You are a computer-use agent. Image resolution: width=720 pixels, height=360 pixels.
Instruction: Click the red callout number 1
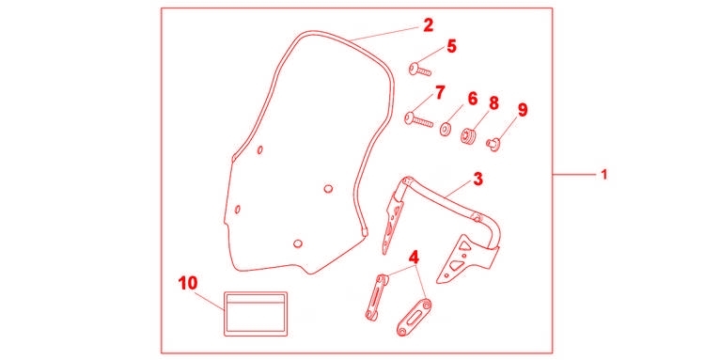tap(604, 175)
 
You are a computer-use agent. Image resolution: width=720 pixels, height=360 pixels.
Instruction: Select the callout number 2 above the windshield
tap(428, 25)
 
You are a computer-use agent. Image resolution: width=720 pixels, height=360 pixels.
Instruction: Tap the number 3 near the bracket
tap(478, 180)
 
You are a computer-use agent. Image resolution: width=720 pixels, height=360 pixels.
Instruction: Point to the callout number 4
tap(414, 258)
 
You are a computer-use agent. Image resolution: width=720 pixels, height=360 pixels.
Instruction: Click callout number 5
tap(452, 46)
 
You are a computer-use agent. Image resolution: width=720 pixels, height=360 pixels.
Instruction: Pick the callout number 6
tap(473, 99)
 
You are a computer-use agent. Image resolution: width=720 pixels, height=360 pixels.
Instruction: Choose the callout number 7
tap(440, 92)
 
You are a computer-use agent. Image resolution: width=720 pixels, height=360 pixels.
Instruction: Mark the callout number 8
tap(493, 103)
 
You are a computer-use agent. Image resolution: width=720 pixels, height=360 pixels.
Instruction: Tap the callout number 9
tap(523, 110)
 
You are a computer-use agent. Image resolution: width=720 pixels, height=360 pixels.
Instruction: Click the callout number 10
tap(188, 283)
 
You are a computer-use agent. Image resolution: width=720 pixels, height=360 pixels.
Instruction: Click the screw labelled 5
tap(420, 70)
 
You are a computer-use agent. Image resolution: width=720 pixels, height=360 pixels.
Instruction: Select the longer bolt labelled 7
tap(419, 120)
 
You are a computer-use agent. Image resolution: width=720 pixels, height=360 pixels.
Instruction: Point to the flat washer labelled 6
tap(445, 129)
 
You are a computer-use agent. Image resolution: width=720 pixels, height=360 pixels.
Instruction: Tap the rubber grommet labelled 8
tap(467, 136)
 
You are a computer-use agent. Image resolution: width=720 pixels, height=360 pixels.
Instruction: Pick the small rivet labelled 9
tap(493, 145)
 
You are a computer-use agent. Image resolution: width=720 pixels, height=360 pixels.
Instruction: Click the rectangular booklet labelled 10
tap(256, 314)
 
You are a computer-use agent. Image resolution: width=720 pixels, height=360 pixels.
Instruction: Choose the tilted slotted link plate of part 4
tap(414, 318)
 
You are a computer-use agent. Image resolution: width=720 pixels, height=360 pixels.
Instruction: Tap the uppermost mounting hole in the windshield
tap(260, 149)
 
